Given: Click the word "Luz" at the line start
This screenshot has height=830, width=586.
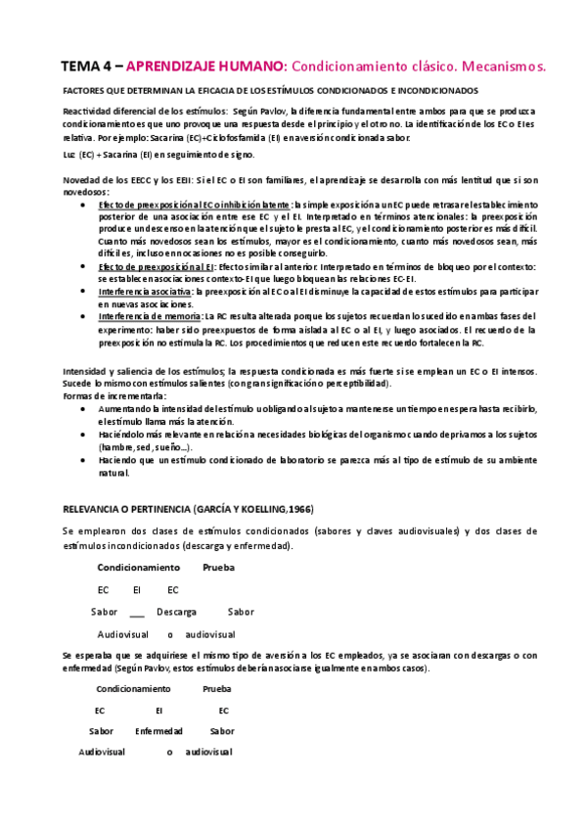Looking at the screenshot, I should tap(68, 155).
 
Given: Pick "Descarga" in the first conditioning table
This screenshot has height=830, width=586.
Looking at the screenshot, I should tap(176, 612).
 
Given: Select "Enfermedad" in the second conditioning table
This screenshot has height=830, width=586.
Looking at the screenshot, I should tap(158, 731).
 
